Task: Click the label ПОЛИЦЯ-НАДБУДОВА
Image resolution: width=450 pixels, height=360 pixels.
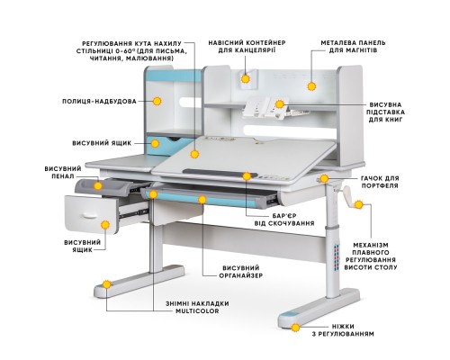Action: pyautogui.click(x=99, y=102)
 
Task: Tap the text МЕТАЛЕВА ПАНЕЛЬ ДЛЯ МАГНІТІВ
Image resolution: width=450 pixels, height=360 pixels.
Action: pyautogui.click(x=353, y=47)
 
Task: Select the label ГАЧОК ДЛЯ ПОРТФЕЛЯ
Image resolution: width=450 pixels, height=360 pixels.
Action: pyautogui.click(x=380, y=182)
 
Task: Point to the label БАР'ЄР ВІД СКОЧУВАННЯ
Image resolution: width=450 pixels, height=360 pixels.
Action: pyautogui.click(x=284, y=220)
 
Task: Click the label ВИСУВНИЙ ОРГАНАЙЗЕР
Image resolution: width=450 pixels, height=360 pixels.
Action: pyautogui.click(x=241, y=272)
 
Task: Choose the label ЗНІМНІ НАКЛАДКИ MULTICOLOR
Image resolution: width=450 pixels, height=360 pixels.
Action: pyautogui.click(x=197, y=307)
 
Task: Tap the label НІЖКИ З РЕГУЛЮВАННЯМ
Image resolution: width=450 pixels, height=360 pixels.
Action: pyautogui.click(x=343, y=330)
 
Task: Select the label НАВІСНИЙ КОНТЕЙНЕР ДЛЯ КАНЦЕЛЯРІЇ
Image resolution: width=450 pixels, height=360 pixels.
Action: pyautogui.click(x=247, y=47)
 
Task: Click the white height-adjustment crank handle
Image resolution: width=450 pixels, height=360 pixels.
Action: pyautogui.click(x=349, y=196)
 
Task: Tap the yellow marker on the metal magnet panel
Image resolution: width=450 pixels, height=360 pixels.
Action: pyautogui.click(x=312, y=86)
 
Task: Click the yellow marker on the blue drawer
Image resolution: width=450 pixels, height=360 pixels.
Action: pyautogui.click(x=155, y=144)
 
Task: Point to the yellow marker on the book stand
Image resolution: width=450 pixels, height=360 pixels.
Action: pyautogui.click(x=280, y=104)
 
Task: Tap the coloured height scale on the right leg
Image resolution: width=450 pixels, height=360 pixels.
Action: pyautogui.click(x=336, y=257)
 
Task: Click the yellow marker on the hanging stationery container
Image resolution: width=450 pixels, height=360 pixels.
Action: pyautogui.click(x=246, y=79)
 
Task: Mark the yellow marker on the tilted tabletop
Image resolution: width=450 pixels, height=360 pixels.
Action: pyautogui.click(x=194, y=154)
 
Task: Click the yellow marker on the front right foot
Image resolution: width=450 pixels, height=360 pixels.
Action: pyautogui.click(x=296, y=328)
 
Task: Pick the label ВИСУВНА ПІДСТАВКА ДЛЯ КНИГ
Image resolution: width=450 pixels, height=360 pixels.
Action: pyautogui.click(x=386, y=112)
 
